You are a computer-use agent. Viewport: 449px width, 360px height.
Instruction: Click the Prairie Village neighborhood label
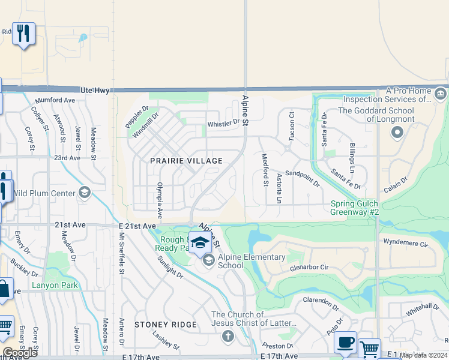186,161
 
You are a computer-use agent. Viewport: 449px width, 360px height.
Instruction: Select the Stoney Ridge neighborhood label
166,325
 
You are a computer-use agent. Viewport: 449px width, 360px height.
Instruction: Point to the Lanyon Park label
55,286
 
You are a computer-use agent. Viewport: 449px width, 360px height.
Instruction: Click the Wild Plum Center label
43,193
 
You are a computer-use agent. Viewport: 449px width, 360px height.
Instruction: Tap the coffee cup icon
345,342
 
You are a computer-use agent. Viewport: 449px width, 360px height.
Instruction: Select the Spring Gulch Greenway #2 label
355,208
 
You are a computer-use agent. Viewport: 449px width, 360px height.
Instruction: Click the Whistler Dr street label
223,124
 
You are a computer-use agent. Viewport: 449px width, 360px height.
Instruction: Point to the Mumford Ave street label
55,100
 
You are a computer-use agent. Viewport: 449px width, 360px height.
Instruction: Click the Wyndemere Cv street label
407,244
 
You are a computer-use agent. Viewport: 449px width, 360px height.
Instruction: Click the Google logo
20,352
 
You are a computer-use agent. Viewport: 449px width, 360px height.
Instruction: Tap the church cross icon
228,337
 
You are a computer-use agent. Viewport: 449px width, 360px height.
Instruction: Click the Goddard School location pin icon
396,133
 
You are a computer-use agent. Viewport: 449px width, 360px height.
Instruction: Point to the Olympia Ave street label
160,200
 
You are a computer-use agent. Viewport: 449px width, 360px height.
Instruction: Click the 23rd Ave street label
67,158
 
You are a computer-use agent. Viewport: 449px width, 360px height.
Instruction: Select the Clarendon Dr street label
321,300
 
